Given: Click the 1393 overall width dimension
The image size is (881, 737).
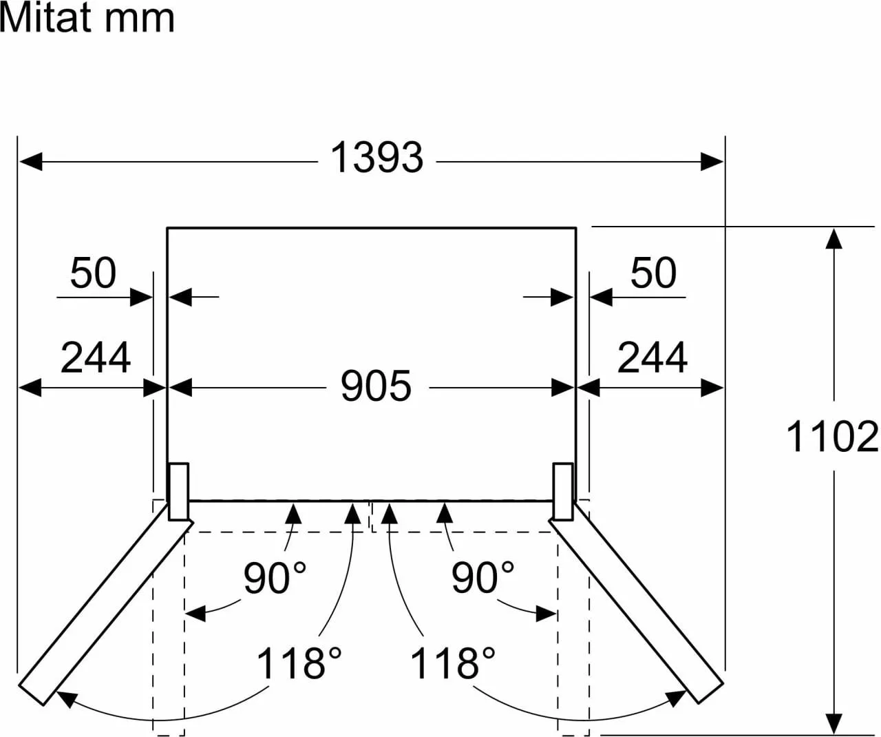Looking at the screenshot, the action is pyautogui.click(x=376, y=158).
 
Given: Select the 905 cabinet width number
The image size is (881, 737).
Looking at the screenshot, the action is pyautogui.click(x=376, y=386).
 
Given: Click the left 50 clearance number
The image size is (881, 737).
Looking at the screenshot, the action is pyautogui.click(x=93, y=273).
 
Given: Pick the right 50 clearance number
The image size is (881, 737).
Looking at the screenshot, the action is pyautogui.click(x=653, y=273).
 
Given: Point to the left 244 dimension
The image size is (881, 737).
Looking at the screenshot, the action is pyautogui.click(x=96, y=357).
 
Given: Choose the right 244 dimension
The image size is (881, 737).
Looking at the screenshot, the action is pyautogui.click(x=652, y=357).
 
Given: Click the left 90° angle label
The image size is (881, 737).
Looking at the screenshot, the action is pyautogui.click(x=275, y=577).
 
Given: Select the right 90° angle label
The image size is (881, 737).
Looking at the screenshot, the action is pyautogui.click(x=482, y=577).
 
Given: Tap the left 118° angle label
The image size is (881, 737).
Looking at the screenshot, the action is pyautogui.click(x=299, y=663).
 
